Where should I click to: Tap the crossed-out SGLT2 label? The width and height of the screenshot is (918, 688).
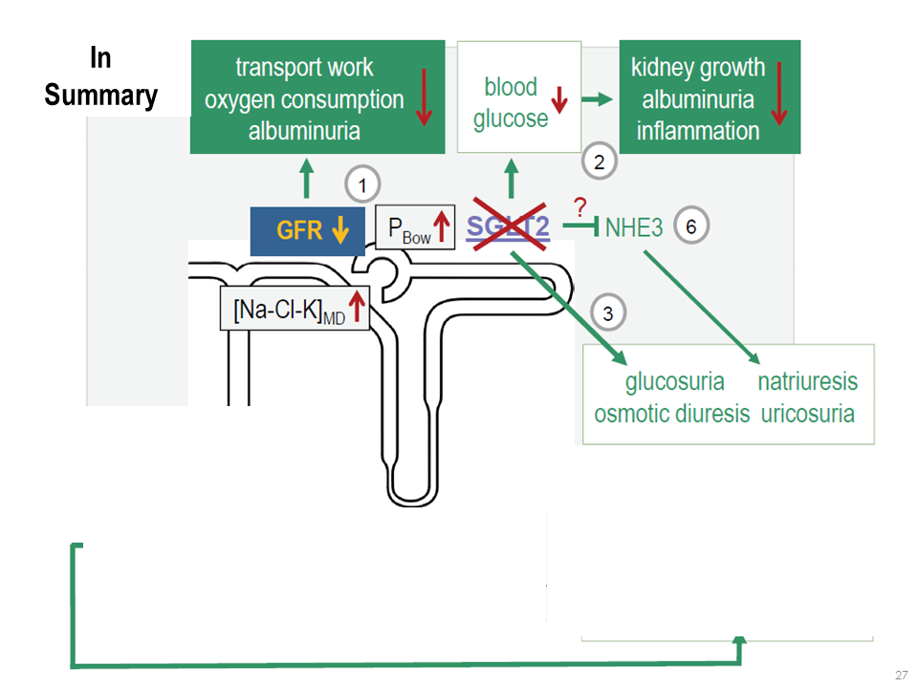point(507,226)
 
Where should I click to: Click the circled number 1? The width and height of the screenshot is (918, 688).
point(361,184)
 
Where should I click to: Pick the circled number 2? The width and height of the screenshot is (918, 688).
point(600,161)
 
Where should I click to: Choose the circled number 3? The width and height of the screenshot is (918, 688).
point(609,311)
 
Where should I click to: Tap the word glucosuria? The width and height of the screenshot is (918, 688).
point(674,381)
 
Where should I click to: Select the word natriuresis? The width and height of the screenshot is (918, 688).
point(807,381)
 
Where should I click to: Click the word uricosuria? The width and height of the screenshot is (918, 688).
point(807,414)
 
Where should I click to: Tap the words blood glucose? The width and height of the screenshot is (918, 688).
point(511,103)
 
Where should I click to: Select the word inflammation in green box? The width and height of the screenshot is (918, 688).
point(698,130)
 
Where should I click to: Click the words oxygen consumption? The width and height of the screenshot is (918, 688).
point(304,99)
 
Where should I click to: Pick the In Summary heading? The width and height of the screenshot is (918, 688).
point(100,76)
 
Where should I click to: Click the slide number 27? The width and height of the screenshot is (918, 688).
point(900,675)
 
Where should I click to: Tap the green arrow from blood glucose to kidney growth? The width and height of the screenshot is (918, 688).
point(598,98)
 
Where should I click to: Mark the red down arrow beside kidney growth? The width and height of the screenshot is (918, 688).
point(778,94)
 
